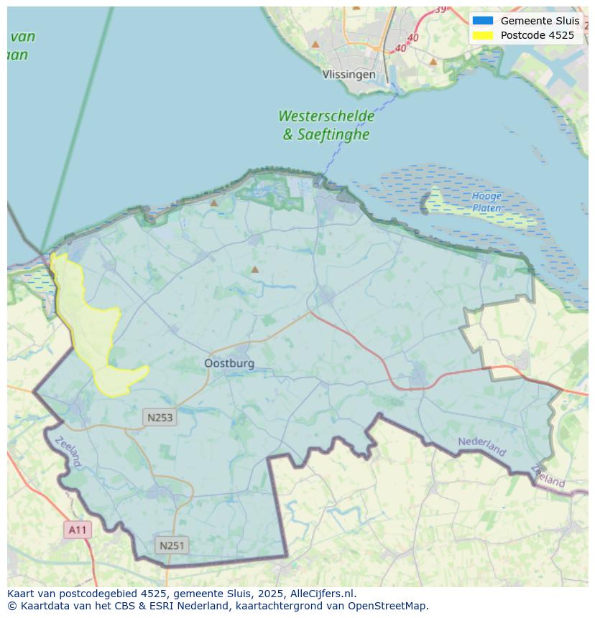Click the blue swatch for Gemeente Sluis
coord(482,21)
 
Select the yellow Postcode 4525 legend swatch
coord(482,35)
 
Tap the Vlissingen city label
coord(349,75)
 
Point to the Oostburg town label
coord(229,363)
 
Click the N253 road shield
coord(160,417)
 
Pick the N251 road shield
coord(172,546)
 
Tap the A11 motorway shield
coord(78,530)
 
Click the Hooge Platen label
coord(486,202)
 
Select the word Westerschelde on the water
coord(326,116)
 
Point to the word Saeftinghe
coord(334,134)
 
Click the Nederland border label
coord(481,446)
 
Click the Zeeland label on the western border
coord(68,451)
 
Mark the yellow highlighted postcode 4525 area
coord(86,323)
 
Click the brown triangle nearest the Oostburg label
coord(254,270)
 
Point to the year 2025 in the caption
coord(271,594)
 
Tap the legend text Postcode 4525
coord(537,35)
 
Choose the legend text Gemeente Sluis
coord(540,21)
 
